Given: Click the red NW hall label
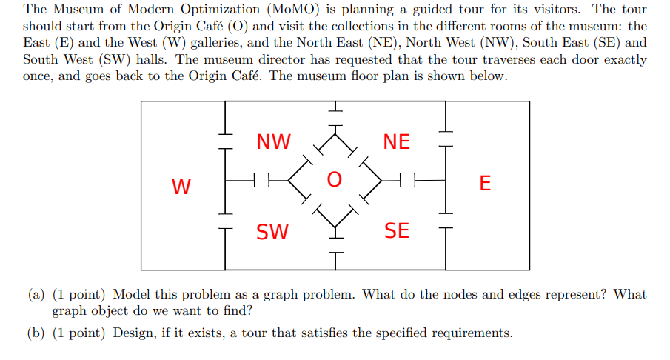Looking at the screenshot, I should coord(273,141).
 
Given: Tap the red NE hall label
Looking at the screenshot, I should coord(396,141).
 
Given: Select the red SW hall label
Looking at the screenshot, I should coord(272,232).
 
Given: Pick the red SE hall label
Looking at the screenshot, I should coord(396,231).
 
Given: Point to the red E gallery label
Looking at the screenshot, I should coord(485,184).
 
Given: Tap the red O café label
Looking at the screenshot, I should coord(335,180).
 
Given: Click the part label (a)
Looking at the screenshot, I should coord(36,295).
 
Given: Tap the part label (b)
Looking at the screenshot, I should coord(36,333).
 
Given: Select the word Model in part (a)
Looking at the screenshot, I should coord(131,295).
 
